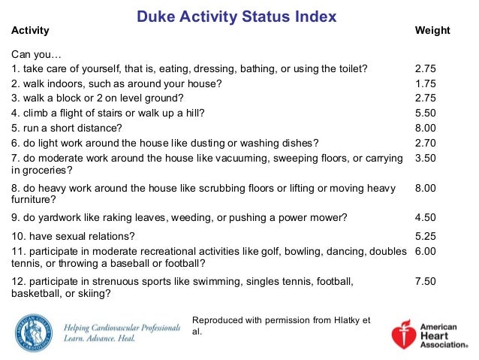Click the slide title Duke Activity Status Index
[236, 16]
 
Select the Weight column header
[432, 31]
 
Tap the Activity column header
[31, 31]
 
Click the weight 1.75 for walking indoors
[425, 83]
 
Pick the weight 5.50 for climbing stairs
[425, 113]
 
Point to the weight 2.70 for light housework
[425, 143]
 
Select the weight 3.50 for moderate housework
[425, 159]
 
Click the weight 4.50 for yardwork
[425, 218]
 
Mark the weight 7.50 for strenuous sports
[425, 281]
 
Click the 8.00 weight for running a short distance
[425, 128]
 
